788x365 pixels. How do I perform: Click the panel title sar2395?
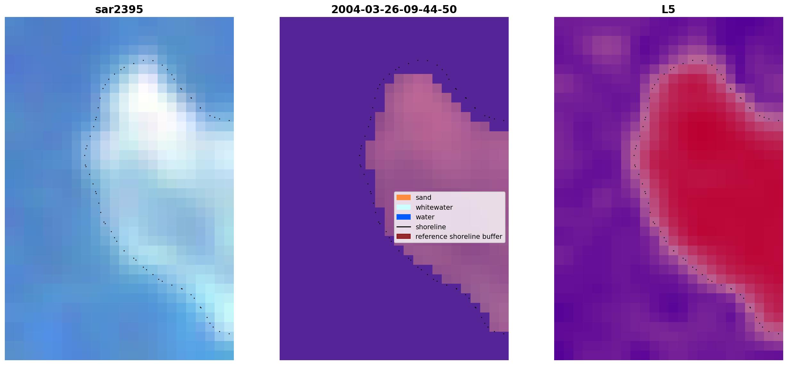[119, 10]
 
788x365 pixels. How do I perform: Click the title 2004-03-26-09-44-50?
[394, 10]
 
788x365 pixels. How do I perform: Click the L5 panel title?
[669, 10]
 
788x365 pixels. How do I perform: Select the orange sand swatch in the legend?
[404, 198]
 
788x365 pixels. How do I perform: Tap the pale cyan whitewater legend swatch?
[404, 207]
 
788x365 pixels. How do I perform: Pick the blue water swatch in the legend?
[404, 217]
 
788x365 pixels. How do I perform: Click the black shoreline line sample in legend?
[404, 227]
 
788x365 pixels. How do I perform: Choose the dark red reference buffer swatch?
[404, 237]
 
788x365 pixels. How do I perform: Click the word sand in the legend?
[423, 198]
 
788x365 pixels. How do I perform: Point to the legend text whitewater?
[434, 207]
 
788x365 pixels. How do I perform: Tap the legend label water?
[425, 217]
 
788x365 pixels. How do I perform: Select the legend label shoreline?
[431, 227]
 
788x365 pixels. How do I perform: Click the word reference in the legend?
[431, 237]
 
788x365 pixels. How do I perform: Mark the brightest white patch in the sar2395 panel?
[148, 98]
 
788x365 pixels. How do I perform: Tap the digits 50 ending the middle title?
[450, 10]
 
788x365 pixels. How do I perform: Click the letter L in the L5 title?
[665, 10]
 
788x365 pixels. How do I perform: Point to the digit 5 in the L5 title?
[672, 10]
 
